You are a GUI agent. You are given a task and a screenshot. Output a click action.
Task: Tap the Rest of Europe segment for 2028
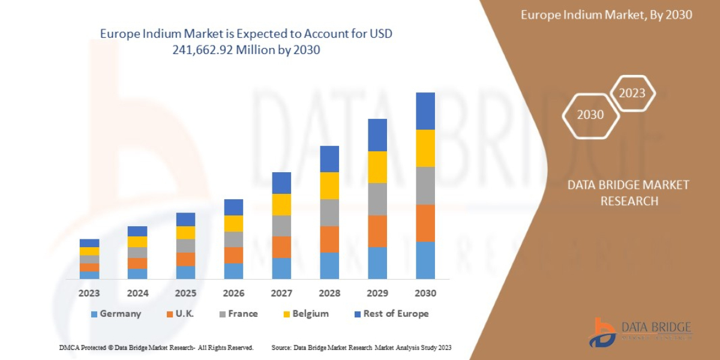coord(329,158)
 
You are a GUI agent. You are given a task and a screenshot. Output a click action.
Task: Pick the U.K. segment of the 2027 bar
coord(281,247)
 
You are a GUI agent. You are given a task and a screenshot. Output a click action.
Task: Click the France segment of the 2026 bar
coord(233,239)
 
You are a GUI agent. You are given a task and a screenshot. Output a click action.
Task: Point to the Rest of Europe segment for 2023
coord(89,243)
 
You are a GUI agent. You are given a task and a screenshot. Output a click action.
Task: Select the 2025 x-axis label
coord(185,293)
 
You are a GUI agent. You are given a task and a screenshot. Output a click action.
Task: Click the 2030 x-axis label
coord(425,293)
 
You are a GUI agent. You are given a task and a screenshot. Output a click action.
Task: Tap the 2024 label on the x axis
coord(137,293)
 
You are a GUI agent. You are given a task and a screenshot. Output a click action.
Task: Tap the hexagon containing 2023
coord(632,93)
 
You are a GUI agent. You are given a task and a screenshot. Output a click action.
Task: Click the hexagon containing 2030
coord(590,115)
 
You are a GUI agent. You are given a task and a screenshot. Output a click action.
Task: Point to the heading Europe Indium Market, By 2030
coord(606,14)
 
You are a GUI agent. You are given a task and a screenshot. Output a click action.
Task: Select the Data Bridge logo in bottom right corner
coord(638,332)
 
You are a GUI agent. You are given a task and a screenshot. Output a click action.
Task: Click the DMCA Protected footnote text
coord(156,347)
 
